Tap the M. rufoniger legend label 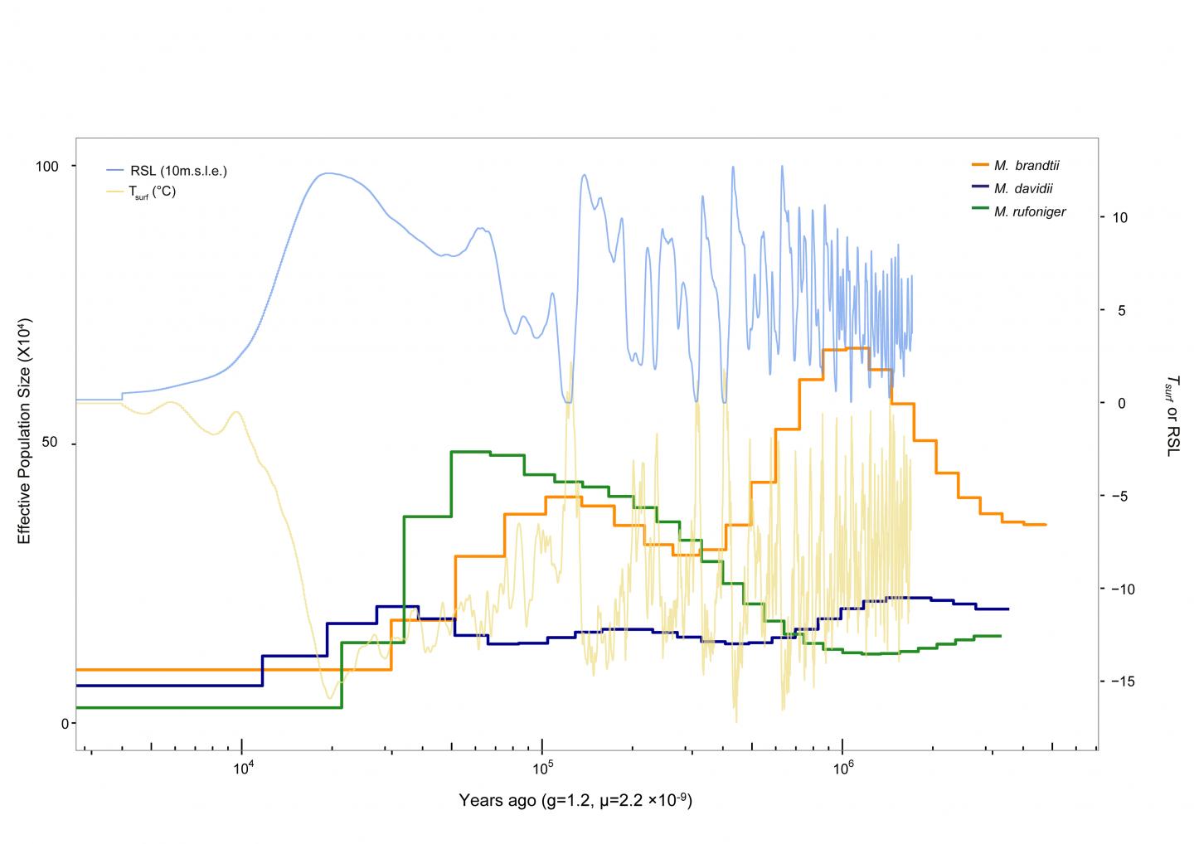pos(1029,211)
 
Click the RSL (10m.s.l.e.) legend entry pos(178,171)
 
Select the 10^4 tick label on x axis pos(241,767)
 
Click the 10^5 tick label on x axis pos(542,767)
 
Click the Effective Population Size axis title pos(24,430)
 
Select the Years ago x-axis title pos(575,801)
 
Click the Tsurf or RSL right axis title pos(1171,415)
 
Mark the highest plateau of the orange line pos(846,349)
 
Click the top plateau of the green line pos(470,452)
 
